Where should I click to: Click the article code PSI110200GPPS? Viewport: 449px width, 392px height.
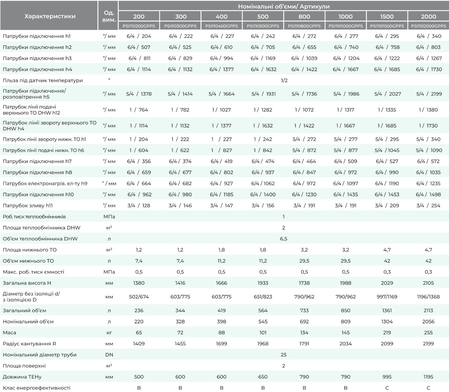pyautogui.click(x=139, y=26)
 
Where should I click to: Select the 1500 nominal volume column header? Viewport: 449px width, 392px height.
pyautogui.click(x=387, y=16)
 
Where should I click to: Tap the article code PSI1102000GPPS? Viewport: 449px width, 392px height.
pyautogui.click(x=428, y=26)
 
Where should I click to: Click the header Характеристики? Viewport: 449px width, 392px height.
pyautogui.click(x=50, y=16)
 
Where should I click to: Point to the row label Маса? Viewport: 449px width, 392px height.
pyautogui.click(x=9, y=333)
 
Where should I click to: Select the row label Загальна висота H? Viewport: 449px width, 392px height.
pyautogui.click(x=27, y=283)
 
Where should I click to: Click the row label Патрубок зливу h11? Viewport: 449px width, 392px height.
pyautogui.click(x=28, y=205)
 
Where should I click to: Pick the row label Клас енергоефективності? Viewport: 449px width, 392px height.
pyautogui.click(x=37, y=388)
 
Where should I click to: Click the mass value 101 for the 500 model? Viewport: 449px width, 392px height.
pyautogui.click(x=263, y=333)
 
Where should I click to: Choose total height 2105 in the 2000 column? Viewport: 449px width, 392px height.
pyautogui.click(x=428, y=283)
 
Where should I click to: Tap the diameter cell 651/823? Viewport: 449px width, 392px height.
pyautogui.click(x=263, y=297)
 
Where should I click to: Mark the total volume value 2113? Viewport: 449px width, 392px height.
pyautogui.click(x=428, y=310)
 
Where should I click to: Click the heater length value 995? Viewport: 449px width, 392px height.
pyautogui.click(x=387, y=377)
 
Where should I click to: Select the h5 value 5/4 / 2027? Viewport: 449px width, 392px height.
pyautogui.click(x=387, y=94)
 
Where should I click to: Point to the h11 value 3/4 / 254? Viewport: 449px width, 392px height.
pyautogui.click(x=428, y=205)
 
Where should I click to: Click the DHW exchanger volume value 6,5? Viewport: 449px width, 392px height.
pyautogui.click(x=283, y=239)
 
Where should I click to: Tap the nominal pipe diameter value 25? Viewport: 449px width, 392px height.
pyautogui.click(x=283, y=354)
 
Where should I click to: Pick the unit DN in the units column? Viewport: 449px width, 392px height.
pyautogui.click(x=109, y=354)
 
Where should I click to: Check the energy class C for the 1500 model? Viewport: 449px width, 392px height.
pyautogui.click(x=387, y=388)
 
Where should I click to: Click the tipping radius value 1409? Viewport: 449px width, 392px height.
pyautogui.click(x=139, y=344)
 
